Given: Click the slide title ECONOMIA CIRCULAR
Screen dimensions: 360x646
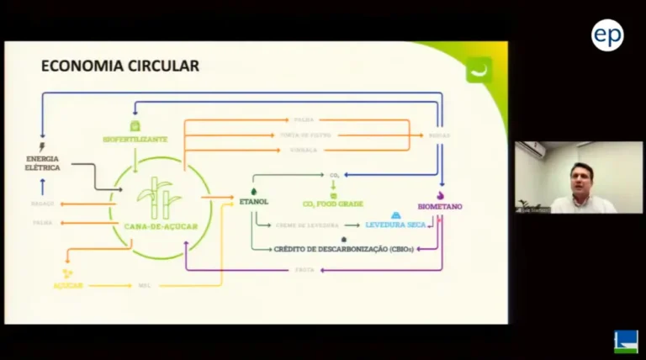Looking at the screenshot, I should coord(120,66).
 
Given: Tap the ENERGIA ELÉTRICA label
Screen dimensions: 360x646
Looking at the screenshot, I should coord(43,163).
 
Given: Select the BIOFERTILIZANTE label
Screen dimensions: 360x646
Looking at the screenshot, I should coord(135,139).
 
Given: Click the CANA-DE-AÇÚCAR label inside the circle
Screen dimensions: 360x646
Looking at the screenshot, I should coord(160,225).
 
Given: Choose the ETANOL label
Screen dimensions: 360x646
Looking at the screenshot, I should coord(253,203).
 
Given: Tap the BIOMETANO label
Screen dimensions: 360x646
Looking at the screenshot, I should coord(440,207).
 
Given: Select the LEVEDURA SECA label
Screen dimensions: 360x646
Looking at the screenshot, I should coord(395,225).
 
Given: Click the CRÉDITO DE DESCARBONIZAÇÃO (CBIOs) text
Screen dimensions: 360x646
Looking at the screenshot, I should coord(343,249).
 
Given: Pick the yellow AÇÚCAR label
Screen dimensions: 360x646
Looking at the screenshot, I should coord(68,286).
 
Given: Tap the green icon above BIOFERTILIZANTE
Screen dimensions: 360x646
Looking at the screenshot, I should coord(135,125).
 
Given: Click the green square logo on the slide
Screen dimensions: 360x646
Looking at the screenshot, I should coord(479,70).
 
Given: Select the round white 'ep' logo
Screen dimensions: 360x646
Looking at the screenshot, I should coord(607,34).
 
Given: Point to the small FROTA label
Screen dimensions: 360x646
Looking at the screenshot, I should coord(305,269).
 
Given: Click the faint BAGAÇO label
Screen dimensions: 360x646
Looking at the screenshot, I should coord(43,204).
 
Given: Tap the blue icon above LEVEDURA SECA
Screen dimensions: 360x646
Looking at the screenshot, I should coord(395,215).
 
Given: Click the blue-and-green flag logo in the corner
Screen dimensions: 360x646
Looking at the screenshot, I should coord(625,341).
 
